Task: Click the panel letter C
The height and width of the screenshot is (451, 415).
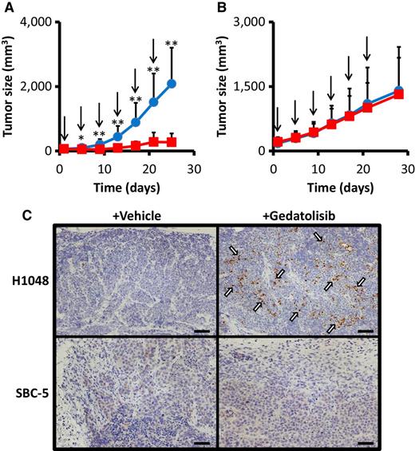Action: (9, 215)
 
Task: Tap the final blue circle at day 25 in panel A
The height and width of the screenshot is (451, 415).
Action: (172, 83)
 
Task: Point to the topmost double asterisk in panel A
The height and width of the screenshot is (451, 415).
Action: (172, 44)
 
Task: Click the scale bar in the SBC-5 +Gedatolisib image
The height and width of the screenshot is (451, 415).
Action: (366, 437)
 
